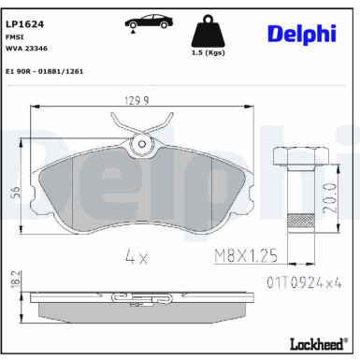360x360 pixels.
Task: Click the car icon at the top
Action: (x=141, y=23)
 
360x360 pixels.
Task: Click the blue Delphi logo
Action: (x=302, y=33)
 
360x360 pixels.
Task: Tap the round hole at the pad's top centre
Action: (x=142, y=144)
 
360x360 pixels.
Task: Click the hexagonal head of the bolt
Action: (x=295, y=157)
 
